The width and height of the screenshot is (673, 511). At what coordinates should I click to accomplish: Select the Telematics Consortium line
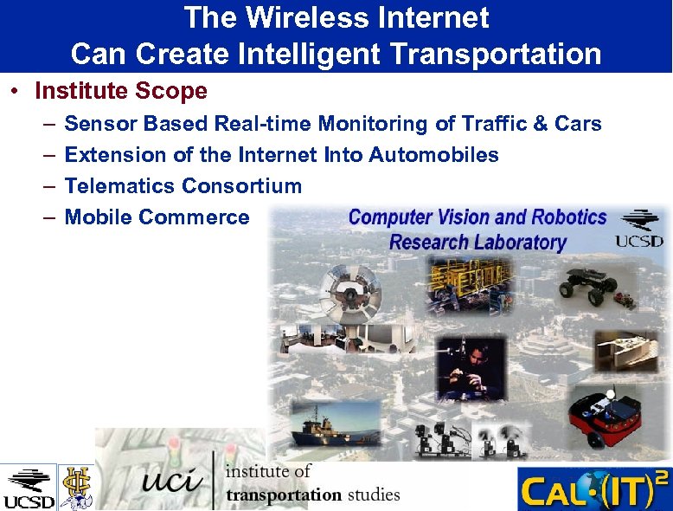183,186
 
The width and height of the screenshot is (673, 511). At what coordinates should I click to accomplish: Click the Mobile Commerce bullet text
157,217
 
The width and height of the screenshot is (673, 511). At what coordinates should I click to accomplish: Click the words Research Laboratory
478,242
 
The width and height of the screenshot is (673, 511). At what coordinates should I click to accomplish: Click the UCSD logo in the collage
639,229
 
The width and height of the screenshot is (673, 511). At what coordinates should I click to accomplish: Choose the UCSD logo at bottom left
28,488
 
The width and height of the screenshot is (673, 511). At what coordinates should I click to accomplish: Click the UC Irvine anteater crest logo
75,487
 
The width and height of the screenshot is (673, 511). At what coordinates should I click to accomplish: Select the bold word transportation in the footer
284,495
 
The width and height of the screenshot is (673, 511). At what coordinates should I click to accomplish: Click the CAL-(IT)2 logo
593,489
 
